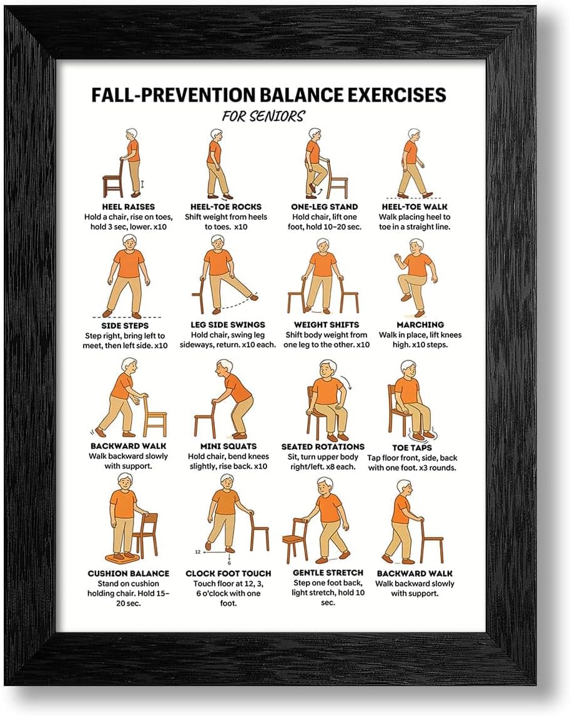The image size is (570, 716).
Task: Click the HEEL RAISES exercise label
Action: pos(129,207)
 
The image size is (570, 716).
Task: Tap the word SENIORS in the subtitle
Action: pos(277,117)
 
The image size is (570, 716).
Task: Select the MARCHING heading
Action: pos(420,325)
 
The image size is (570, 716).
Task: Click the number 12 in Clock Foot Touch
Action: pos(197,552)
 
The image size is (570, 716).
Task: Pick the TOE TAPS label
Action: pos(412,448)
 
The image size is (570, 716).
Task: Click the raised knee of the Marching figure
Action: pos(402,279)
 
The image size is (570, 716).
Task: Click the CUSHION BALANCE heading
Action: pos(129,574)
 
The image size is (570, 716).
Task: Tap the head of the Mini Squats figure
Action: pos(224,368)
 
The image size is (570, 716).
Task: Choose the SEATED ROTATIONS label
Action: pos(323,447)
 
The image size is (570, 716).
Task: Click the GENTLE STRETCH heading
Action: pos(328,573)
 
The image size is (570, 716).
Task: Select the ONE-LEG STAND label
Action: pos(325,207)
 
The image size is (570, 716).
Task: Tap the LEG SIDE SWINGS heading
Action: pos(228,325)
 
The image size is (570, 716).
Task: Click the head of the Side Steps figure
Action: pos(129,243)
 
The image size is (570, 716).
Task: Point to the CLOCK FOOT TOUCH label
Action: pos(228,574)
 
